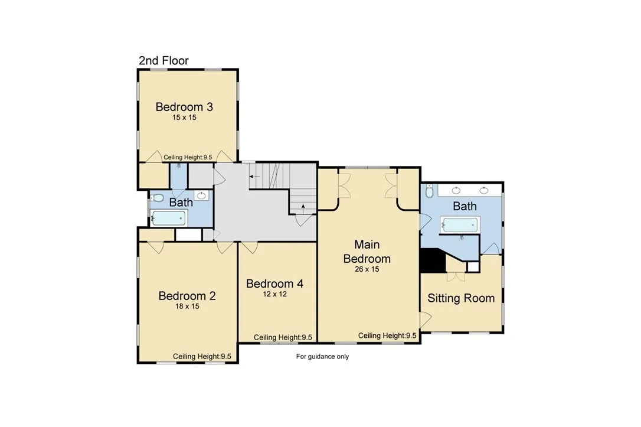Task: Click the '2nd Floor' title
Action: click(163, 60)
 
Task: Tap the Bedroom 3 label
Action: click(184, 107)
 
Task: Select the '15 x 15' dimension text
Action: click(184, 118)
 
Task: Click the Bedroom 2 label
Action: click(187, 296)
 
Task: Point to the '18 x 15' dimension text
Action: click(187, 307)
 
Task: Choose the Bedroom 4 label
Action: click(274, 283)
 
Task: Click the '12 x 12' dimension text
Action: click(274, 294)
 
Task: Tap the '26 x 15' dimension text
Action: click(367, 269)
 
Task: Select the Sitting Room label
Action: click(461, 298)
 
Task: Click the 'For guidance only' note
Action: click(322, 357)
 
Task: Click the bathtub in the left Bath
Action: click(169, 218)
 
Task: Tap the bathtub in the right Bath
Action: click(460, 225)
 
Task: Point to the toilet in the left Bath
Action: click(157, 198)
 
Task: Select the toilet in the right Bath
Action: click(429, 191)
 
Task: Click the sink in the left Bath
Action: click(201, 195)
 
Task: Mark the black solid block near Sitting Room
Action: click(433, 260)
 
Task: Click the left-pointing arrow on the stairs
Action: click(254, 177)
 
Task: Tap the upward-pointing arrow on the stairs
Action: click(303, 208)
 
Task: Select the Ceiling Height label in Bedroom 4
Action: click(283, 337)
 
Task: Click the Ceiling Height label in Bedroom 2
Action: click(202, 356)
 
